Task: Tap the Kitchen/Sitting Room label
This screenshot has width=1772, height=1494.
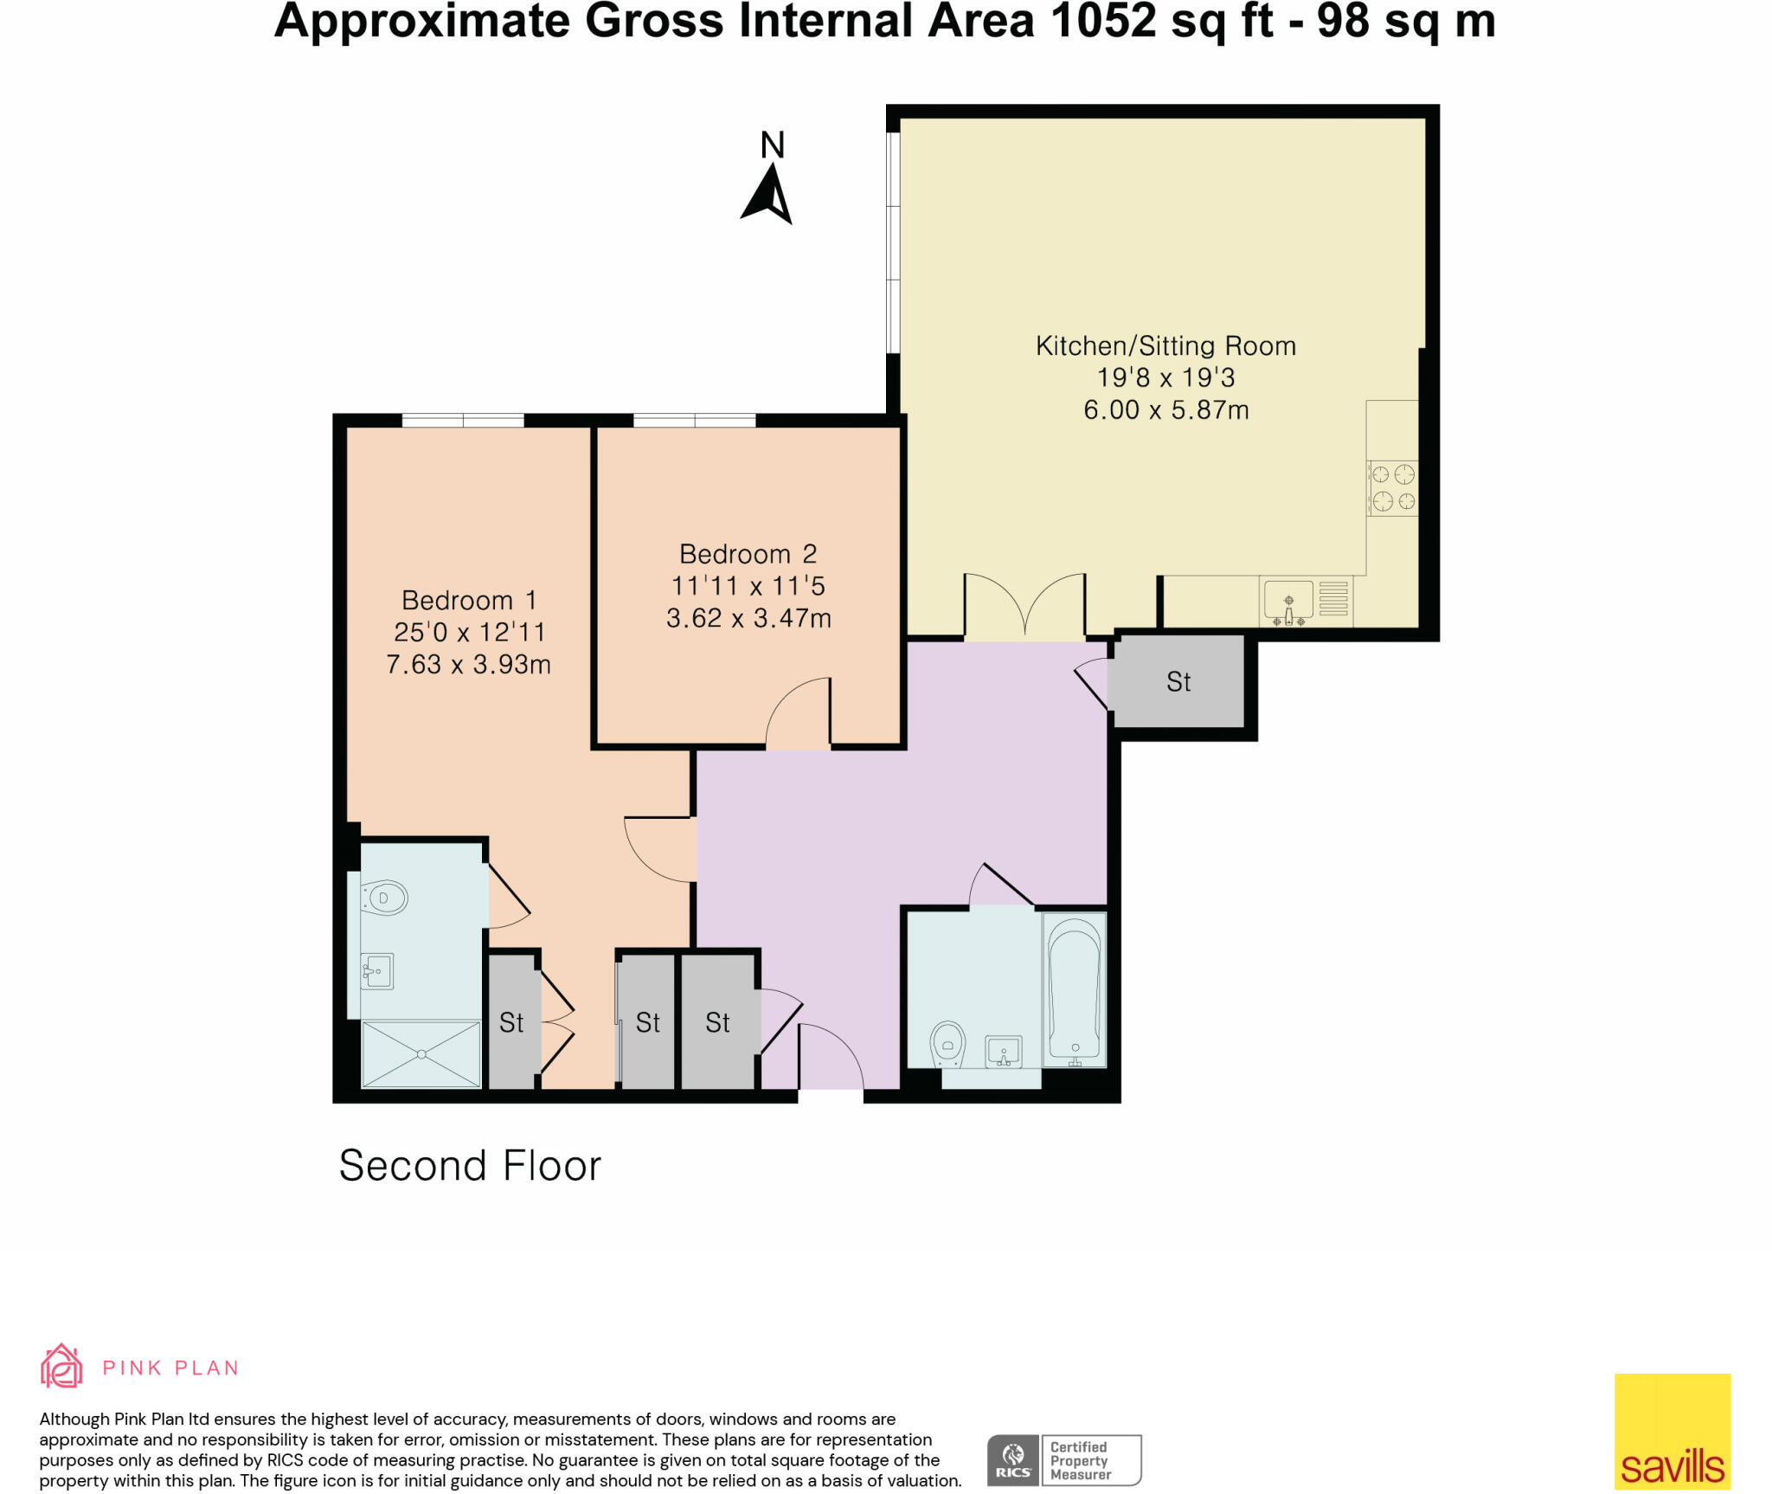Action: tap(1165, 346)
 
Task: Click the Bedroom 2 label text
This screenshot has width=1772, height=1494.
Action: tap(748, 554)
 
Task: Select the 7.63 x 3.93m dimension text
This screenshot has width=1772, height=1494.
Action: tap(468, 665)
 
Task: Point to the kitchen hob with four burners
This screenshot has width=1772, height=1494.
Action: tap(1392, 487)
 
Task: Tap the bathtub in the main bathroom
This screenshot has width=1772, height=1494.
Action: tap(1075, 989)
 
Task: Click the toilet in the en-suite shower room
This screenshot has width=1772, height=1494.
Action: tap(385, 898)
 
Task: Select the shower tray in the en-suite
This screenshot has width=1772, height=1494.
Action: tap(421, 1053)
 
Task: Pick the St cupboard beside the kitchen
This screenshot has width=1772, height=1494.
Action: tap(1178, 682)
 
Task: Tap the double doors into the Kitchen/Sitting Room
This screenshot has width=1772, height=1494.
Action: tap(1024, 606)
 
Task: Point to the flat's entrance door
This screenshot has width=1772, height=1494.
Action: tap(830, 1060)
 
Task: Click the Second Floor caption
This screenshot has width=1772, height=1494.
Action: tap(470, 1166)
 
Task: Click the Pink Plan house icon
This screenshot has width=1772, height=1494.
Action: tap(61, 1366)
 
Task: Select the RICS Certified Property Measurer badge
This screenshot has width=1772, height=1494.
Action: tap(1063, 1460)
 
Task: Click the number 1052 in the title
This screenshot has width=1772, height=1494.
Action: tap(1103, 21)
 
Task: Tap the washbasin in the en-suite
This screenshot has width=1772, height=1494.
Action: tap(378, 970)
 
